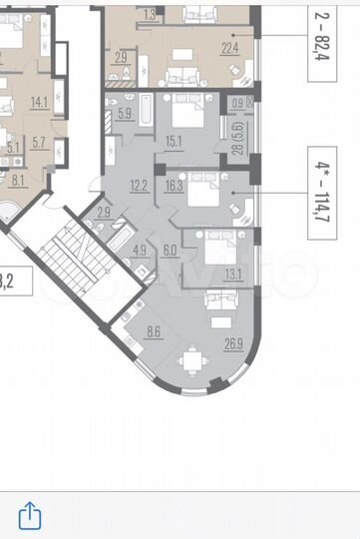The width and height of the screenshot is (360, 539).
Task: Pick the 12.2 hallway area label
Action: (140, 183)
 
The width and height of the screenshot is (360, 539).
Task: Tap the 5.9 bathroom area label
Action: (125, 113)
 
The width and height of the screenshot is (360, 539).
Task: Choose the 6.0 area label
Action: (170, 251)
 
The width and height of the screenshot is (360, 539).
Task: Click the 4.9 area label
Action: (140, 251)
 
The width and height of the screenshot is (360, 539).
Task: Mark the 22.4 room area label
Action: (229, 45)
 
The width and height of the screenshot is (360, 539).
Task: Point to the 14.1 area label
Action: (40, 101)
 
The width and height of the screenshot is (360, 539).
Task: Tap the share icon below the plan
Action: (31, 514)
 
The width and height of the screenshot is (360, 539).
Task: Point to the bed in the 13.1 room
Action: (221, 247)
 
